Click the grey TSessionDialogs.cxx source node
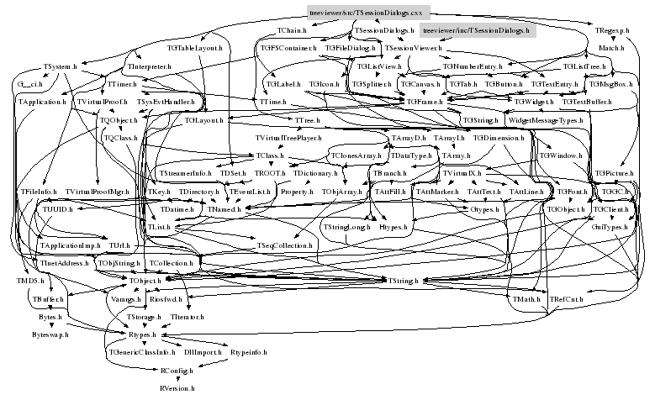pyautogui.click(x=369, y=13)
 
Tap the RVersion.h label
pyautogui.click(x=177, y=389)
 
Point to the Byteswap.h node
pyautogui.click(x=50, y=334)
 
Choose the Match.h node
pyautogui.click(x=610, y=49)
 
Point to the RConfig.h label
pyautogui.click(x=177, y=371)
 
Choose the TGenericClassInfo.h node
pyautogui.click(x=141, y=353)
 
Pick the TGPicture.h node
pyautogui.click(x=614, y=173)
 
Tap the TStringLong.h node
pyautogui.click(x=346, y=227)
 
